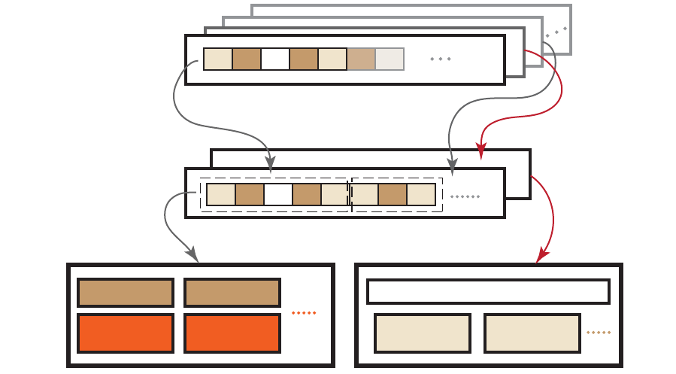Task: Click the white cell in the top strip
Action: (275, 59)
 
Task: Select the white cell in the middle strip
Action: (277, 195)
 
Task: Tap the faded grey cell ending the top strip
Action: (390, 59)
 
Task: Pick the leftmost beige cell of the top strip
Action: (217, 59)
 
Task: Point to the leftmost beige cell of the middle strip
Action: (220, 195)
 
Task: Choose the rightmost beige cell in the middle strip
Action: (421, 195)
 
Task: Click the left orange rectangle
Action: (126, 333)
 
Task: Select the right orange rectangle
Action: (232, 333)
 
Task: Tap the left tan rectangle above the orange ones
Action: (126, 293)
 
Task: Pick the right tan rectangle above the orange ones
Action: (232, 293)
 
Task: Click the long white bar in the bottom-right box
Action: (488, 291)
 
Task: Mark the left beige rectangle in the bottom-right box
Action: (423, 333)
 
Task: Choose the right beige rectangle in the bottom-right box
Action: (532, 333)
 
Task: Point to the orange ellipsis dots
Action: (304, 312)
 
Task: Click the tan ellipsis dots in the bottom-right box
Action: (599, 333)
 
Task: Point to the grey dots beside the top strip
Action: (440, 59)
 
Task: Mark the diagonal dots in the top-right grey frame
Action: (556, 32)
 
